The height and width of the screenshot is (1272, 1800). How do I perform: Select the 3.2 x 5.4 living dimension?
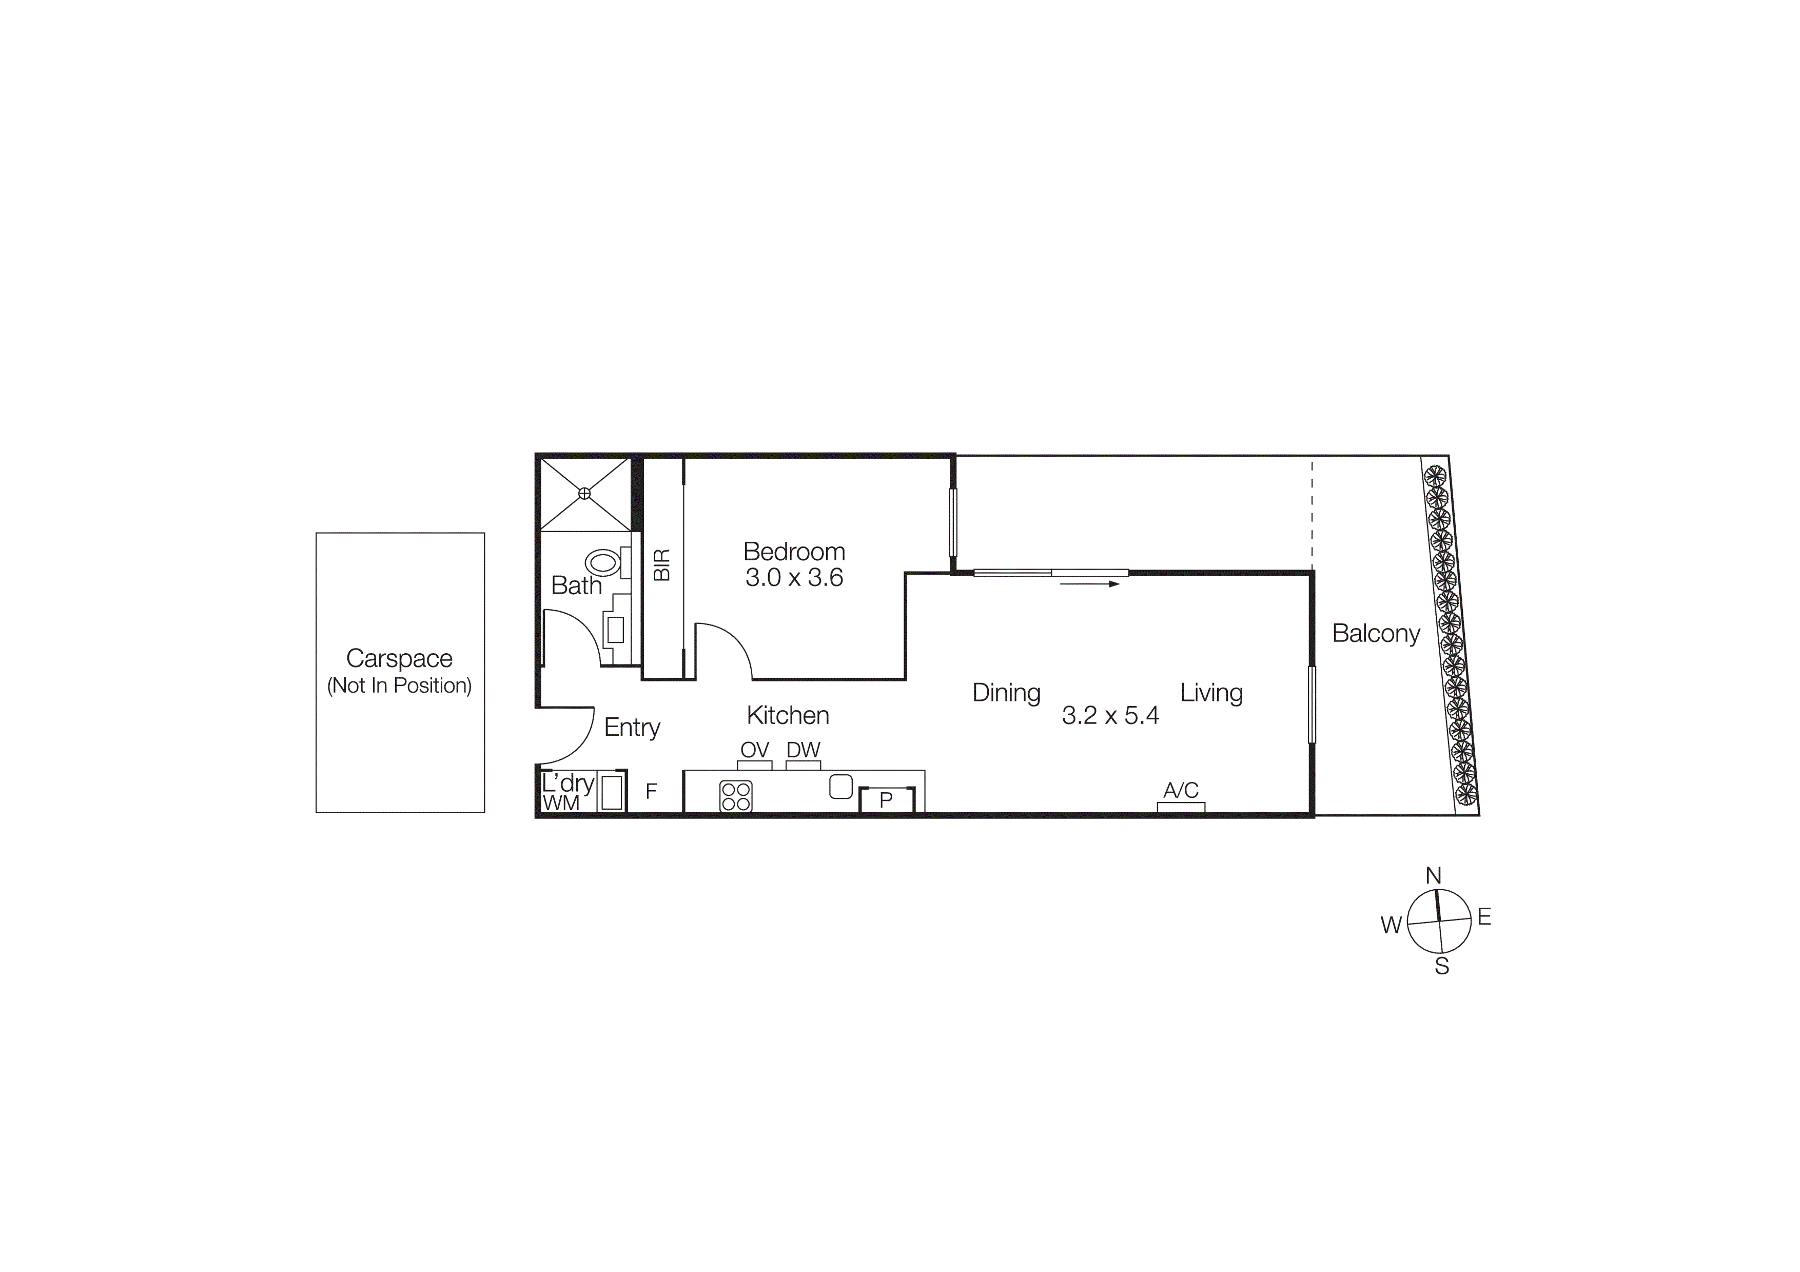[1110, 716]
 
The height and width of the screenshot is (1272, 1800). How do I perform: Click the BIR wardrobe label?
[662, 564]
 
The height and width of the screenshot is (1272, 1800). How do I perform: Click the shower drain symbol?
[584, 494]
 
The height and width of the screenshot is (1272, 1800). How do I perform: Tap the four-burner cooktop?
[735, 796]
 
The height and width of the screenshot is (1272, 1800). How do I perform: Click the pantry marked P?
[886, 800]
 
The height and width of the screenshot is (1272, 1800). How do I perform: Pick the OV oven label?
[754, 750]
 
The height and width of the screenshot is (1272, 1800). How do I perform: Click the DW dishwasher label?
[803, 750]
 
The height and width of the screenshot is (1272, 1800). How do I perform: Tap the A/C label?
[1181, 790]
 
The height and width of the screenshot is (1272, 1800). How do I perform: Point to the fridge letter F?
[651, 792]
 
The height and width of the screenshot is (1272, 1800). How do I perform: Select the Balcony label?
[1376, 633]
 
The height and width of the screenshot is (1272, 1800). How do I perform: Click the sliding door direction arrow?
[1090, 584]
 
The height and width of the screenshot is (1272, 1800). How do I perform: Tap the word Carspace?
[399, 658]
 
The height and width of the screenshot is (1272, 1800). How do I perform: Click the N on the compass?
[1433, 875]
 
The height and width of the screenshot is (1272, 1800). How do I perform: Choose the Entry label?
[632, 727]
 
